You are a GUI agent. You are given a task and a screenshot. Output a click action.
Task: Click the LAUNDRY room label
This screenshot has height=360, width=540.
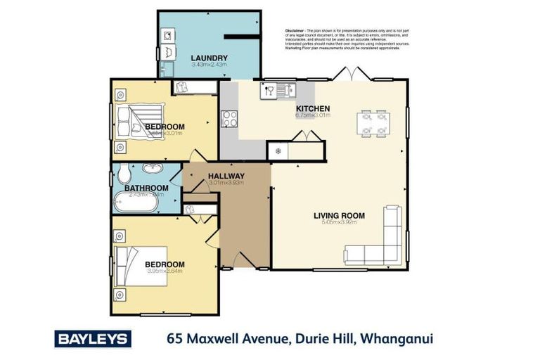click(209, 58)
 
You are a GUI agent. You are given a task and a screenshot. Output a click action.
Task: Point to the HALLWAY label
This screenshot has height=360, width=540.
click(226, 176)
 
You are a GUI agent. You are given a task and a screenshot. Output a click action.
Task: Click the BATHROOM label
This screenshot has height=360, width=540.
click(146, 188)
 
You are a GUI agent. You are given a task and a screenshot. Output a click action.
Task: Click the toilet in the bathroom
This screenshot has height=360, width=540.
click(123, 173)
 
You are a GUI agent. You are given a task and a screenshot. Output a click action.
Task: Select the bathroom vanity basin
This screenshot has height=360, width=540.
click(151, 169)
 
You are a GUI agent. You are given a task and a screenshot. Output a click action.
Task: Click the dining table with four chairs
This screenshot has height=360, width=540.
click(373, 123)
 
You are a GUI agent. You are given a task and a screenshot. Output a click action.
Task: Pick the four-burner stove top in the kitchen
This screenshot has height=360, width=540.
click(229, 120)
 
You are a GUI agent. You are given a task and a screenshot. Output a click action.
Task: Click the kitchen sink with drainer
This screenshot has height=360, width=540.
click(278, 90)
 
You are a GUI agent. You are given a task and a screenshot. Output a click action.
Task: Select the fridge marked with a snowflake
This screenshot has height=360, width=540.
click(278, 151)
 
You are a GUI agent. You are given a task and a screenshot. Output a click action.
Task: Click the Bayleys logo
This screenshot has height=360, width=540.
click(93, 339)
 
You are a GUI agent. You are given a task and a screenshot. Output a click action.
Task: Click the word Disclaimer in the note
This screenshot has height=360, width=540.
click(295, 31)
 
